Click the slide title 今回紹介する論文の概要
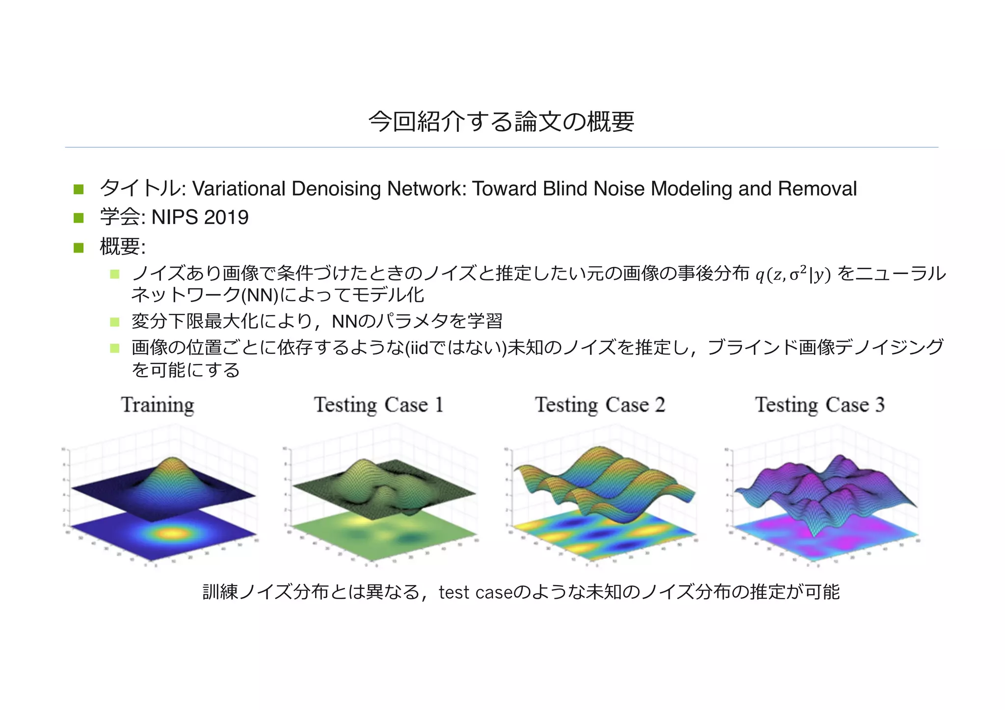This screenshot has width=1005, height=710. [502, 122]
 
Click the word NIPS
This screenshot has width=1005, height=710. [175, 217]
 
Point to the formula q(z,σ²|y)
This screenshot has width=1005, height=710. [793, 275]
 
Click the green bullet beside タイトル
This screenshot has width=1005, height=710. [79, 189]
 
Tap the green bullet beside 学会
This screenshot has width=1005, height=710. [79, 218]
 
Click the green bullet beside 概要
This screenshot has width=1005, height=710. [79, 247]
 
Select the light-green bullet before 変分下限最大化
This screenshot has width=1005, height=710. [115, 322]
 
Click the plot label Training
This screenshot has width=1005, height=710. [158, 405]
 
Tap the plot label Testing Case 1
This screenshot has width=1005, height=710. [379, 405]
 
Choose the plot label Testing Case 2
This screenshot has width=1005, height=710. [600, 405]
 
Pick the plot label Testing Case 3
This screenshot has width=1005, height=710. [820, 405]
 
